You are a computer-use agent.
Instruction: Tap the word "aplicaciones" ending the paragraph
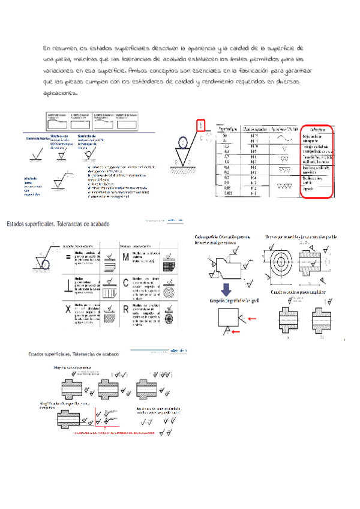pos(60,94)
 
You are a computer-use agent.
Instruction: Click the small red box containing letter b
pos(202,125)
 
